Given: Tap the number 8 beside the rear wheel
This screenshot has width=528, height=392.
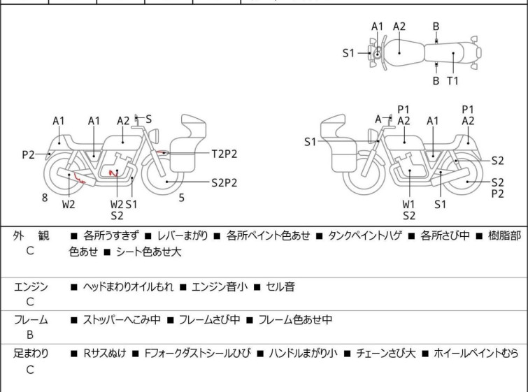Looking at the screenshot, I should (x=45, y=198).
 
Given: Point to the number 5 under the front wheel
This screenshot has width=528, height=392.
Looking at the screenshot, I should (x=181, y=198).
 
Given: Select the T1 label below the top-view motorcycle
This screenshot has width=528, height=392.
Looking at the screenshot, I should (x=452, y=81).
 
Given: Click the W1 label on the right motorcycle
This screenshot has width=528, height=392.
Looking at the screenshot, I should (x=408, y=204).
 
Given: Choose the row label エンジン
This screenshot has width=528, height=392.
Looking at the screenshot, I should (x=31, y=286).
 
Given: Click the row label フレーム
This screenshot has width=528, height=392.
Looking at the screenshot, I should (x=31, y=320).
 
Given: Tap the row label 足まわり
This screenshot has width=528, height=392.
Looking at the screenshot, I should (x=31, y=354).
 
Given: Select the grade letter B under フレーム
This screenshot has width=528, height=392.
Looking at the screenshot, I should (x=30, y=335).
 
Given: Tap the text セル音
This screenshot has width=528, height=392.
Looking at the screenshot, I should (x=280, y=286).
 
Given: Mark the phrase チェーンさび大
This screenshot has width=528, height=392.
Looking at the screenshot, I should (x=385, y=354).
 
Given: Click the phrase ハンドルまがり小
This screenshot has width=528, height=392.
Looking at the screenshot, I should (x=303, y=354).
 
